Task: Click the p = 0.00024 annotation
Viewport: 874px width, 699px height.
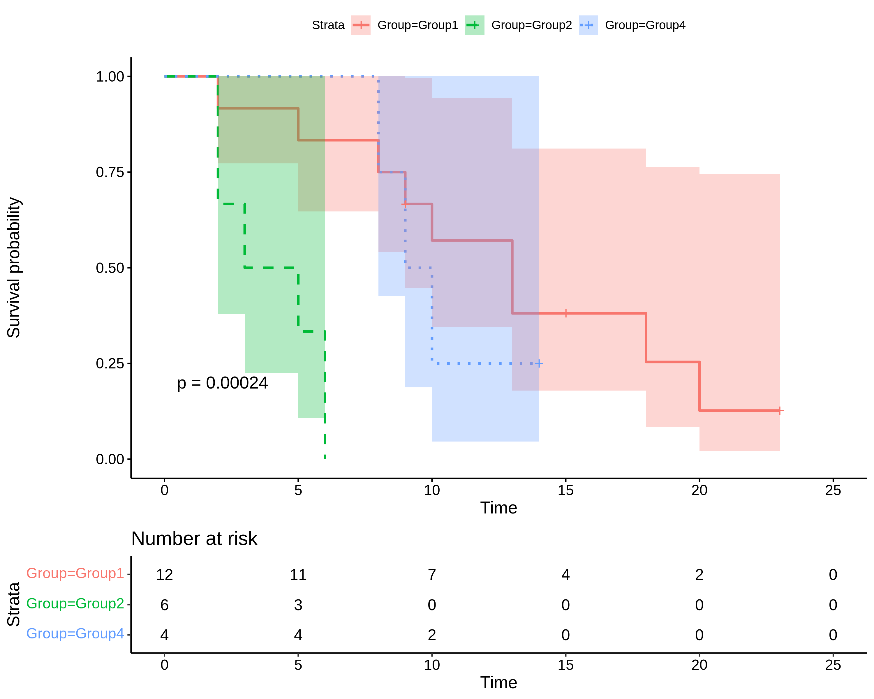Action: click(222, 383)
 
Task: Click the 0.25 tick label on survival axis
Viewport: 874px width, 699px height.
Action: click(110, 363)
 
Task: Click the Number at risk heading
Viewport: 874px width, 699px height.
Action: click(194, 539)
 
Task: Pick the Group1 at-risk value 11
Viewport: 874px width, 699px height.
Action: click(298, 575)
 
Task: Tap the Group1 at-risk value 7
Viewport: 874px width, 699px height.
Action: click(432, 575)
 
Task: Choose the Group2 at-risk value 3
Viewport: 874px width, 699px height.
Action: click(298, 605)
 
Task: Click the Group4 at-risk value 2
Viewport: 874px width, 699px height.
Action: click(432, 635)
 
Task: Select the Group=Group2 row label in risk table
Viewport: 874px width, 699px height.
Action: click(75, 603)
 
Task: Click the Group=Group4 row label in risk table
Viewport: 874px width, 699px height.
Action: click(75, 633)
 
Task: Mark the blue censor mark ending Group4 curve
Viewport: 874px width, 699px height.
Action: click(539, 363)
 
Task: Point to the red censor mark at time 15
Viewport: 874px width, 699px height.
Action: click(565, 313)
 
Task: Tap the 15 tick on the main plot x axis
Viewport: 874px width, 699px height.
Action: click(565, 490)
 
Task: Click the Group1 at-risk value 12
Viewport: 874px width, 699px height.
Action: click(164, 575)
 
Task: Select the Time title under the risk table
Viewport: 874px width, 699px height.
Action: click(499, 683)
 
